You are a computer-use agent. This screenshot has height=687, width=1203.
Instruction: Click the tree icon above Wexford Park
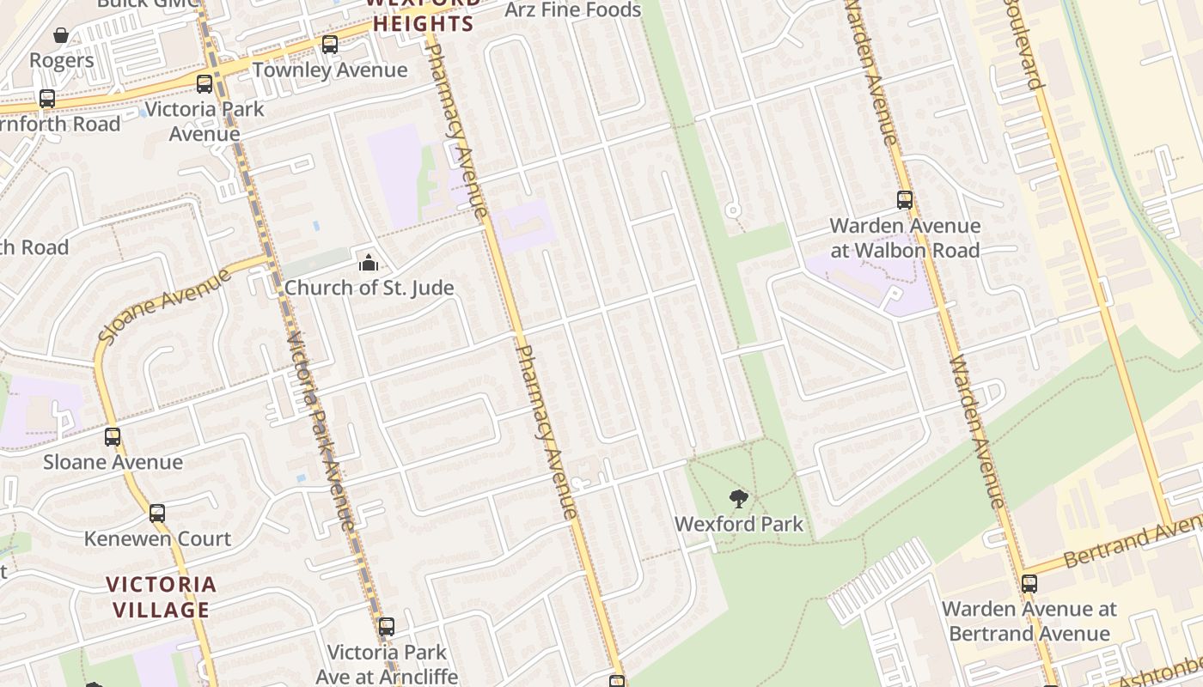pos(738,498)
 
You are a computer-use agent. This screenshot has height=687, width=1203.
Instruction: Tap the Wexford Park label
pos(739,524)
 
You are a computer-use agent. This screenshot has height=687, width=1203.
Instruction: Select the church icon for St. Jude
pos(369,263)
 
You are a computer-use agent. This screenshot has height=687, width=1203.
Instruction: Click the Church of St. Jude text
pos(369,288)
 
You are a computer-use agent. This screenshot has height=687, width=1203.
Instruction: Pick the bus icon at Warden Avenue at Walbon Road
pos(905,200)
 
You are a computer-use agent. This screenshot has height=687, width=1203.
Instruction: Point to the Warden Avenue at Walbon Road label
pos(905,239)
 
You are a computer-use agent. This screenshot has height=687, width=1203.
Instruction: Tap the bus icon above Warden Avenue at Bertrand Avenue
pos(1029,584)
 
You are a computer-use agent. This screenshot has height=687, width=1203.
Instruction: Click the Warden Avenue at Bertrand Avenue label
pos(1029,622)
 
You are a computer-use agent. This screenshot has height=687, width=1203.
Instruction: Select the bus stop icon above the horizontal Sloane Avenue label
pos(113,437)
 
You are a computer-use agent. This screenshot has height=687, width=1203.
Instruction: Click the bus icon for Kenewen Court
pos(157,514)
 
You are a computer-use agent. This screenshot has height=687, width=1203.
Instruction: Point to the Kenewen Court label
pos(157,539)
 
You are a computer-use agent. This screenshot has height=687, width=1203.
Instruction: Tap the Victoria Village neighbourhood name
pos(161,597)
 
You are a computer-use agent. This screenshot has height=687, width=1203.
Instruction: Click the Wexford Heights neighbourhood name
pos(423,15)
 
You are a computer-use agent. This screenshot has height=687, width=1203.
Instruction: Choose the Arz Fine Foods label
pos(573,10)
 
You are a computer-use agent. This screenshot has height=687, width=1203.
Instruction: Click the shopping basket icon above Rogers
pos(61,35)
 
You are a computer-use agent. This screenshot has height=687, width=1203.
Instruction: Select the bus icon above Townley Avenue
pos(330,45)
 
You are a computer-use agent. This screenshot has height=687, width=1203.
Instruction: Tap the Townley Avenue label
pos(330,70)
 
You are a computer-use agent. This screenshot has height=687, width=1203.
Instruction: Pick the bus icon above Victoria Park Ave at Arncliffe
pos(387,627)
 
